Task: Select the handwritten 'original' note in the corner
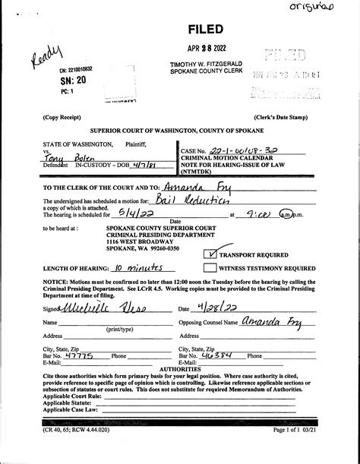pyautogui.click(x=333, y=9)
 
